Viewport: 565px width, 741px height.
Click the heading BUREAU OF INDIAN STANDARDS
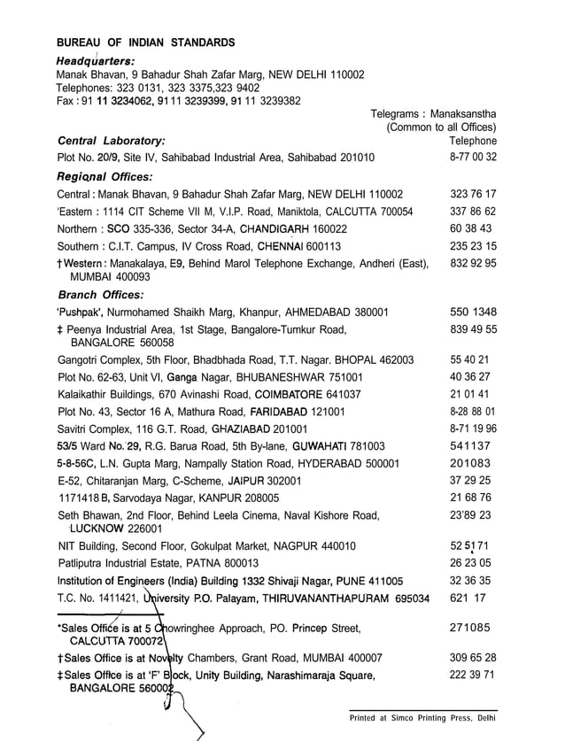click(146, 42)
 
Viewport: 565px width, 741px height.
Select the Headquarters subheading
click(95, 60)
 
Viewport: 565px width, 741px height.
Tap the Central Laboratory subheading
click(111, 141)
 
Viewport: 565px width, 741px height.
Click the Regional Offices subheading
click(104, 176)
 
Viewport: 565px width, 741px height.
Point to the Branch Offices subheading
click(100, 294)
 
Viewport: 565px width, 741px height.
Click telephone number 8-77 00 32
click(473, 158)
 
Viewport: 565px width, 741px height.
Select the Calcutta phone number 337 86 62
click(473, 212)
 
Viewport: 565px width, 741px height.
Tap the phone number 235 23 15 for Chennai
click(473, 246)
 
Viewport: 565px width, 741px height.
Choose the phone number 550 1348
click(473, 312)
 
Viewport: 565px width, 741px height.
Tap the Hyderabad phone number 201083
click(470, 463)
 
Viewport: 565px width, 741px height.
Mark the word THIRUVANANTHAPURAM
click(314, 598)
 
